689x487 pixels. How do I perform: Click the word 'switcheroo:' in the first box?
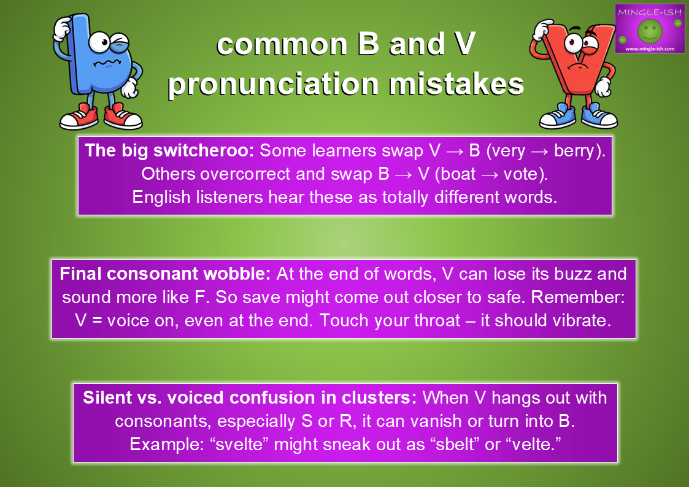[x=204, y=151]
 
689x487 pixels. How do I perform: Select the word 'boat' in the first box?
[x=458, y=174]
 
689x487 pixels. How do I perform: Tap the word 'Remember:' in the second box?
[x=578, y=297]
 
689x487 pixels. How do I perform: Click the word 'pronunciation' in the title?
[x=273, y=84]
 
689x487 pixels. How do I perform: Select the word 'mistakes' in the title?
[x=456, y=84]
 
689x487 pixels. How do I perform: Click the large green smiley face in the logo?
[x=650, y=31]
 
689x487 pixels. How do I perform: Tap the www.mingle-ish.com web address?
[x=650, y=48]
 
